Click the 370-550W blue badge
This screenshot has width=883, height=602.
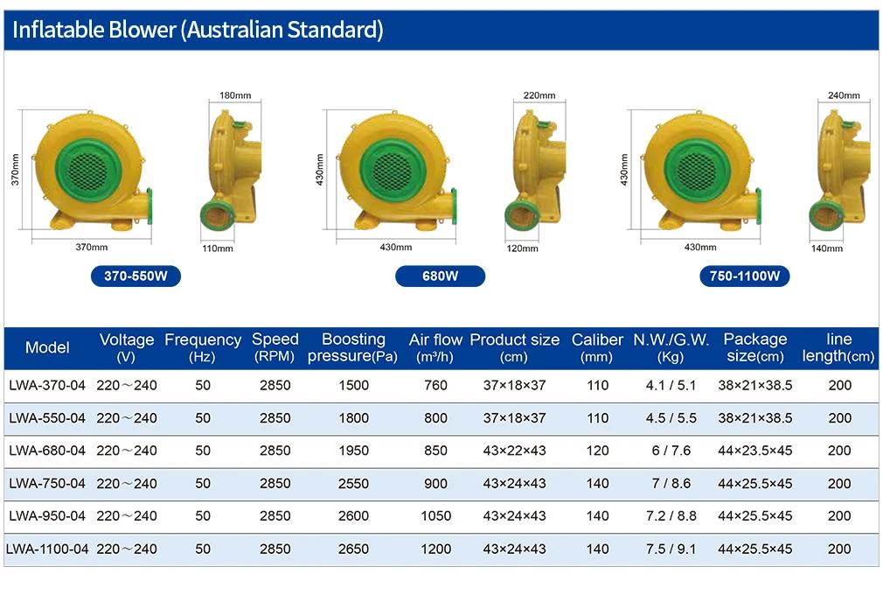[136, 276]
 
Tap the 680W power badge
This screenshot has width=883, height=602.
[441, 276]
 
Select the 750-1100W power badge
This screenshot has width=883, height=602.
[745, 276]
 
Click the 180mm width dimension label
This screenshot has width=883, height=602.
[235, 95]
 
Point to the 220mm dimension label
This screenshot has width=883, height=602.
[539, 95]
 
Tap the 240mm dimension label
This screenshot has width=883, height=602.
[844, 95]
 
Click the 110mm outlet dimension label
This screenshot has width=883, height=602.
[218, 248]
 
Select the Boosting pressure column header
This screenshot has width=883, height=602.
[353, 347]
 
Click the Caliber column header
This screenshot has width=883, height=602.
[597, 347]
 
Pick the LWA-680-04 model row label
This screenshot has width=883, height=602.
[47, 451]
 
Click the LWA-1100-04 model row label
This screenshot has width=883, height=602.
[47, 549]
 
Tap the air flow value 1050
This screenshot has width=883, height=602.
[436, 515]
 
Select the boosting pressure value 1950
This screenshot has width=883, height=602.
[354, 451]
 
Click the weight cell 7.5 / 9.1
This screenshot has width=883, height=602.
[671, 549]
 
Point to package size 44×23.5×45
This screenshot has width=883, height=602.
[755, 451]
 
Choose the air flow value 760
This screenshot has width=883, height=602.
[436, 385]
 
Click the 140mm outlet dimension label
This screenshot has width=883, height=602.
[827, 248]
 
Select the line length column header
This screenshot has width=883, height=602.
[838, 347]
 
